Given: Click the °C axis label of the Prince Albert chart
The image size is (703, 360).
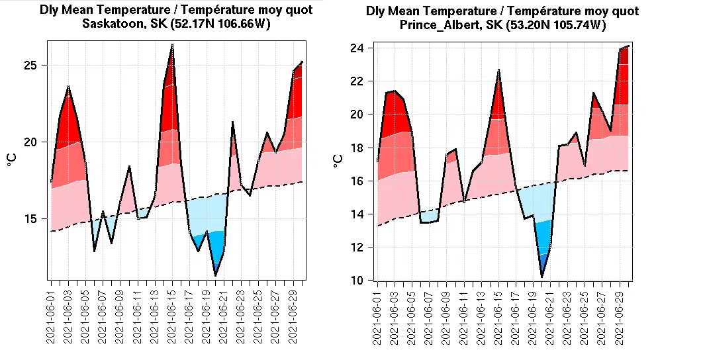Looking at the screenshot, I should tap(338, 161).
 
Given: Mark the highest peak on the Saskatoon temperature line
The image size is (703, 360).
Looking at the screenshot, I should tap(172, 44).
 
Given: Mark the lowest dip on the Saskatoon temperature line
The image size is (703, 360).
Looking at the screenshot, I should tap(215, 275).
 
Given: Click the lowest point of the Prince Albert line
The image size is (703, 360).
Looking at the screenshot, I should tap(542, 277).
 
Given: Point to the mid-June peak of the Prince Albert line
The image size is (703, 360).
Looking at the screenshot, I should tap(498, 69).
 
